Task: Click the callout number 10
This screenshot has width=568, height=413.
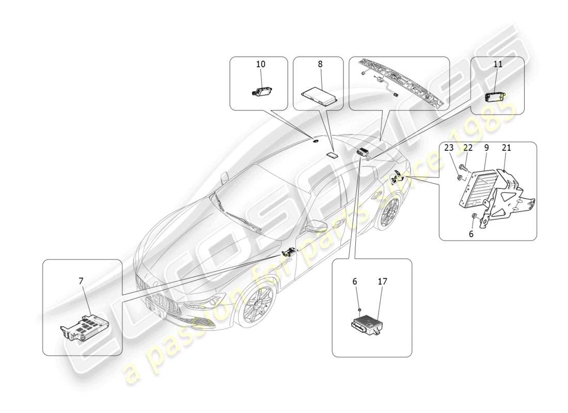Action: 261,65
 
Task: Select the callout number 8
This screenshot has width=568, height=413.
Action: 320,65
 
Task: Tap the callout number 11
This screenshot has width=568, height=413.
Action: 498,65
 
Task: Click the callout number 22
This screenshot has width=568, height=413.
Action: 468,148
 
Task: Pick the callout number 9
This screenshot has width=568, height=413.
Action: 486,148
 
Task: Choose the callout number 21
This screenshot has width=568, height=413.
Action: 507,148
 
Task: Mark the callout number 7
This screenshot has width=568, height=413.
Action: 81,281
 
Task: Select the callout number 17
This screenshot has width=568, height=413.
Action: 382,281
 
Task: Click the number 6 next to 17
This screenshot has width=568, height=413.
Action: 354,281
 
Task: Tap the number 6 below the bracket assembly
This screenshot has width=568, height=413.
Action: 470,233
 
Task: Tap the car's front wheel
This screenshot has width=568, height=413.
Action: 257,306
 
